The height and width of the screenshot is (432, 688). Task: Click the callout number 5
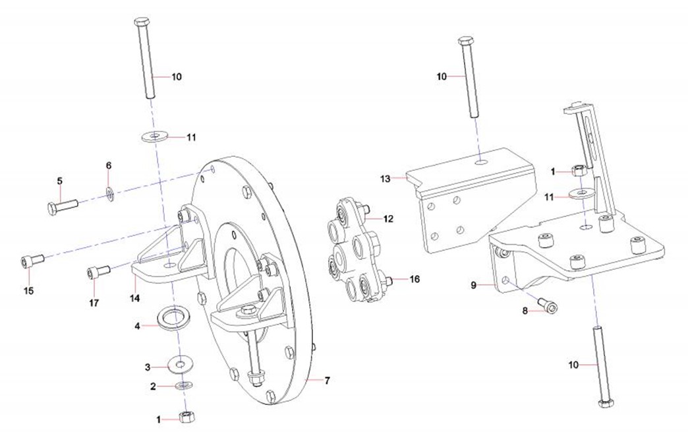[59, 181]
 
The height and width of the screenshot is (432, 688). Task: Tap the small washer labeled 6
[110, 193]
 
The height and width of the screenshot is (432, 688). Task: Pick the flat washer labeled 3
[178, 363]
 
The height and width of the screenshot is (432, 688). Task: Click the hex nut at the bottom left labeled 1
[186, 417]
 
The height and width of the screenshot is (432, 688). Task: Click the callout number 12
[388, 217]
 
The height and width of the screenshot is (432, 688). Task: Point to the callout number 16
[414, 279]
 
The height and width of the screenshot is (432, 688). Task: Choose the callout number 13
[386, 178]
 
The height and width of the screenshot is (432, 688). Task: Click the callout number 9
[473, 286]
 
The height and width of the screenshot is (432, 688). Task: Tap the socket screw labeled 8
[548, 305]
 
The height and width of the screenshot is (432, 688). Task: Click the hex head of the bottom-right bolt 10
[604, 402]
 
